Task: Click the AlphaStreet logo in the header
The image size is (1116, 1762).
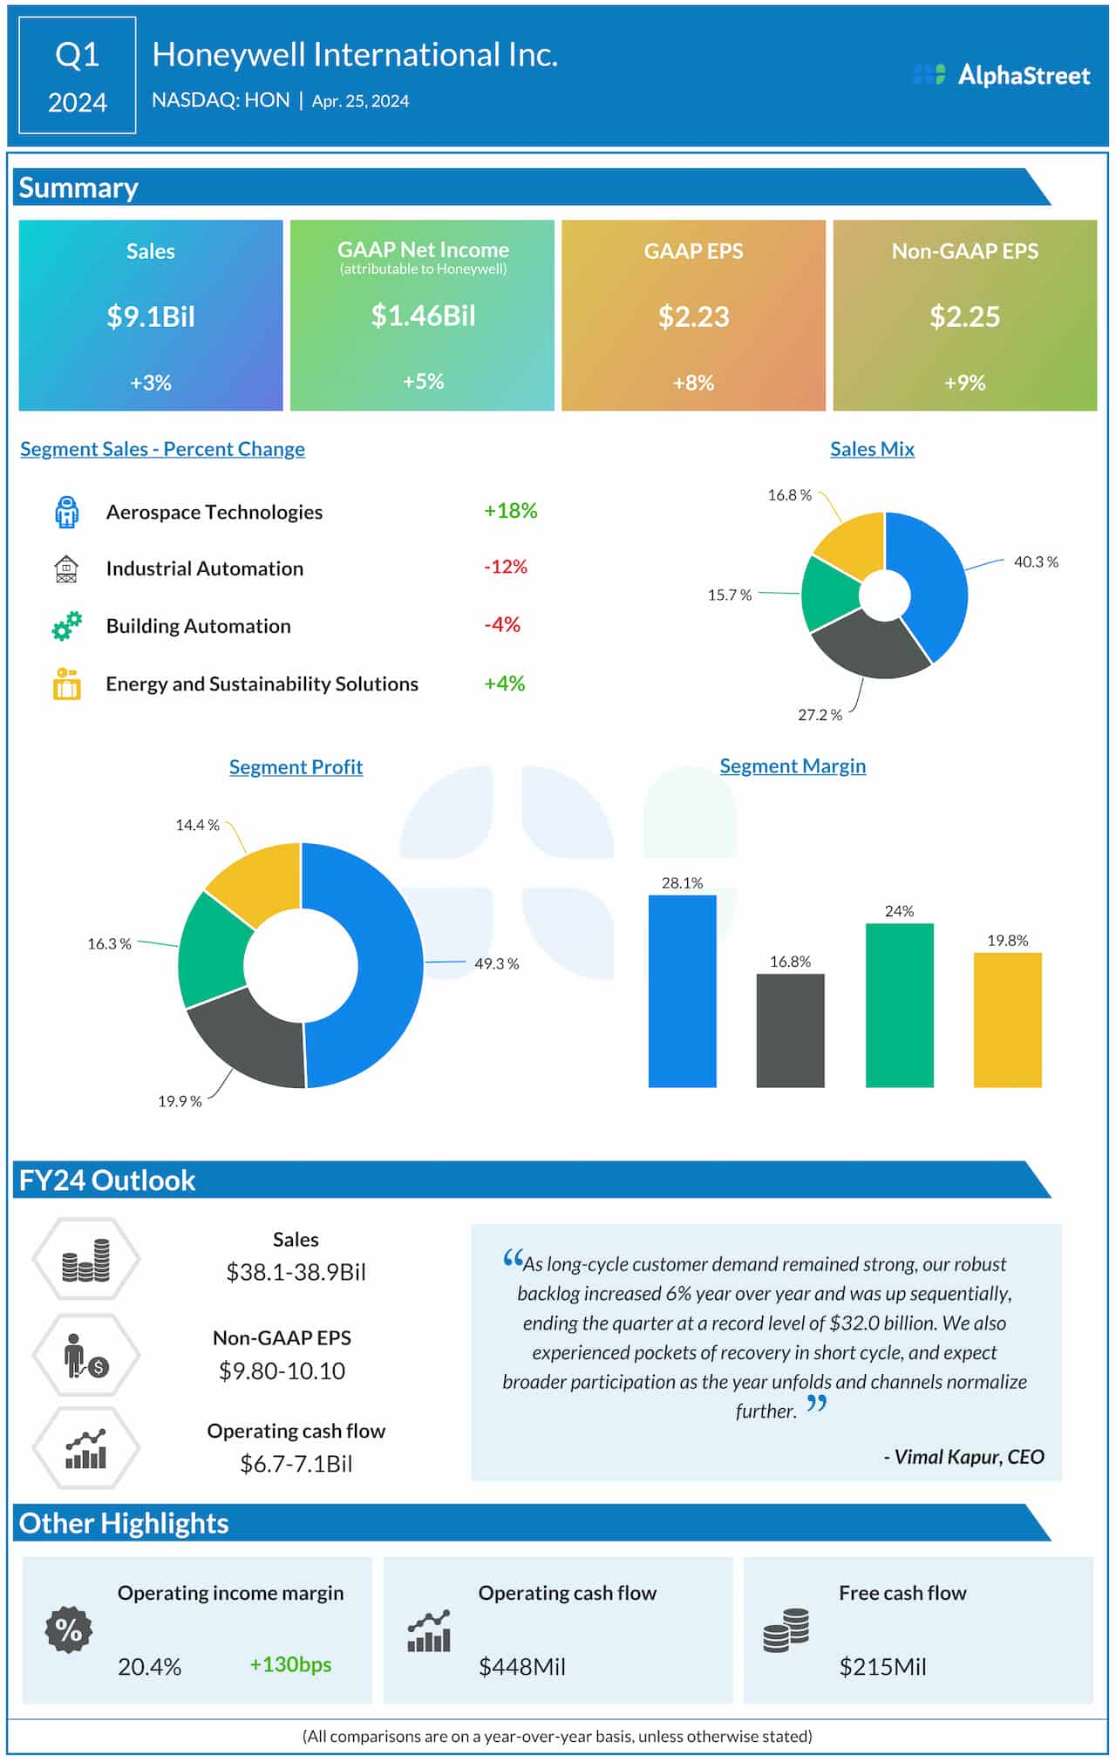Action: pyautogui.click(x=1001, y=75)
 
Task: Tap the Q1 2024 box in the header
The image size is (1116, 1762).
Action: pyautogui.click(x=78, y=76)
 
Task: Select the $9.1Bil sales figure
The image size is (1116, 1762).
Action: pyautogui.click(x=151, y=316)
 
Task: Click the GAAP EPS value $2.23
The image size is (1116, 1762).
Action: pyautogui.click(x=693, y=316)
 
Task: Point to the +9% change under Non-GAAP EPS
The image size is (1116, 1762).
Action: pyautogui.click(x=964, y=383)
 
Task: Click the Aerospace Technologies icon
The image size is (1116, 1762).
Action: pyautogui.click(x=66, y=513)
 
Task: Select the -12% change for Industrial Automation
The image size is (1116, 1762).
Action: pyautogui.click(x=506, y=567)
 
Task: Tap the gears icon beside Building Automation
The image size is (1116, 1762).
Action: pyautogui.click(x=66, y=626)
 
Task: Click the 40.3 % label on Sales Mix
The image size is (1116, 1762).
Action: pyautogui.click(x=1035, y=562)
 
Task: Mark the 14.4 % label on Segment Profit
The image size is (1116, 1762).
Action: pyautogui.click(x=197, y=825)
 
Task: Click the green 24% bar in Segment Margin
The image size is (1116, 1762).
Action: pyautogui.click(x=899, y=1004)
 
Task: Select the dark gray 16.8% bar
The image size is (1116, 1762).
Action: pyautogui.click(x=790, y=1031)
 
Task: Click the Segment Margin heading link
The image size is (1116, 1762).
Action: pyautogui.click(x=793, y=766)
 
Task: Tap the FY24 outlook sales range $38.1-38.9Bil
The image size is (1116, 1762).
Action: pyautogui.click(x=296, y=1272)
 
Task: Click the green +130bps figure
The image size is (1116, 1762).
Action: pyautogui.click(x=290, y=1664)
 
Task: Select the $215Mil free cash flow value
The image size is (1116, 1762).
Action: pyautogui.click(x=882, y=1667)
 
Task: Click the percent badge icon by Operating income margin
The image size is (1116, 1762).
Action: pyautogui.click(x=69, y=1629)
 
